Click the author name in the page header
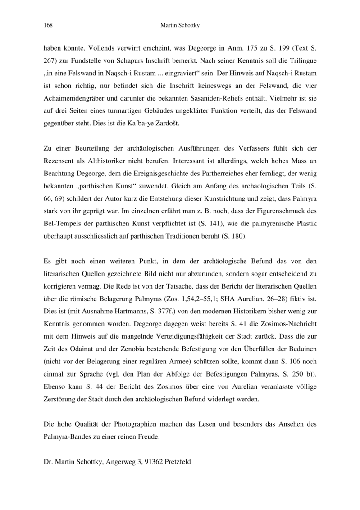tap(180, 26)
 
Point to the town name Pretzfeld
tap(178, 462)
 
